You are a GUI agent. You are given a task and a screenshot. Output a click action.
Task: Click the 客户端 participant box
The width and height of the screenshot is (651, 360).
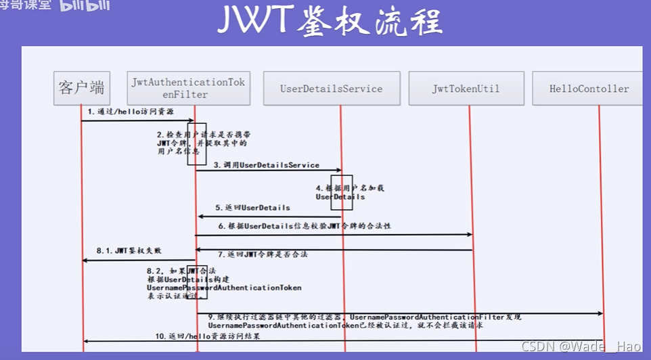pyautogui.click(x=81, y=88)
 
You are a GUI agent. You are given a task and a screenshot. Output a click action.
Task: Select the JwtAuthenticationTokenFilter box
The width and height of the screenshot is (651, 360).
pyautogui.click(x=188, y=88)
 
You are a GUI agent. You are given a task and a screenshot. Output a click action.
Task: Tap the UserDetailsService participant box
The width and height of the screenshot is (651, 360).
pyautogui.click(x=332, y=89)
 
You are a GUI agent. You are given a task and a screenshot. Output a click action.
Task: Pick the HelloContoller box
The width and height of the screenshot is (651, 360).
pyautogui.click(x=589, y=89)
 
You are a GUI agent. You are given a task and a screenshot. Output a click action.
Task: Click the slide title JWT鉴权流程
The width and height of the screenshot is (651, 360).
pyautogui.click(x=330, y=22)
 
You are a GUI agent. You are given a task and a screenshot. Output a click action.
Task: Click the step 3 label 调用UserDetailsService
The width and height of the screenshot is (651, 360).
pyautogui.click(x=267, y=164)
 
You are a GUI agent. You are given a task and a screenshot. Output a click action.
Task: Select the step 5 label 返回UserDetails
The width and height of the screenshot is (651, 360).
pyautogui.click(x=252, y=207)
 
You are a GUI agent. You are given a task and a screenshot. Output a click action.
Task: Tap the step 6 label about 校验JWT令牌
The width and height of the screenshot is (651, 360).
pyautogui.click(x=305, y=225)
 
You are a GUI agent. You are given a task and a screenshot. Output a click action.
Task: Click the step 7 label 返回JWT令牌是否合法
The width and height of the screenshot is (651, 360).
pyautogui.click(x=263, y=254)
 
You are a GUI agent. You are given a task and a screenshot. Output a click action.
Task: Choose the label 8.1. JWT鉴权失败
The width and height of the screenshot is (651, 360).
pyautogui.click(x=129, y=250)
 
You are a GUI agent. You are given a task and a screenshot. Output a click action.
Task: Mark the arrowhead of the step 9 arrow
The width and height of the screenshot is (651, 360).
pyautogui.click(x=599, y=313)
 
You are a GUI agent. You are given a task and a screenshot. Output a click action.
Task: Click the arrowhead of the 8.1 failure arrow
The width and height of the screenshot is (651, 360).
pyautogui.click(x=85, y=261)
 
